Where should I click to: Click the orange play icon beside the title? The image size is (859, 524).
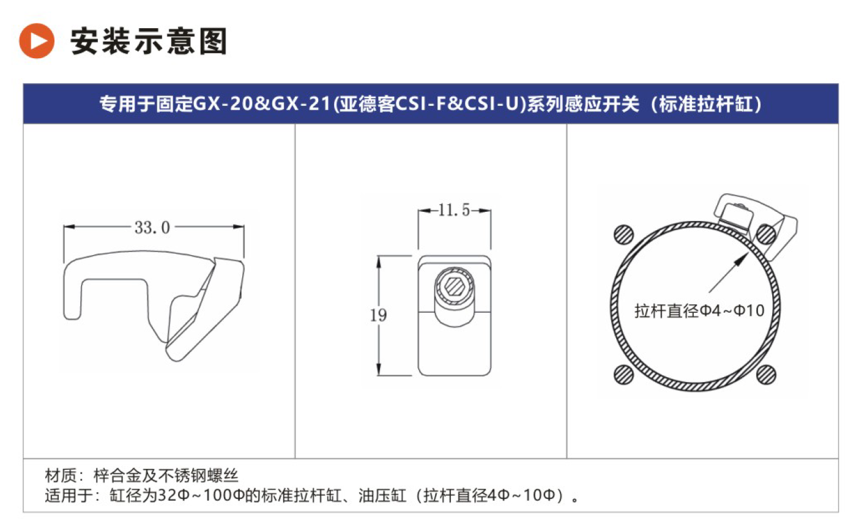(37, 40)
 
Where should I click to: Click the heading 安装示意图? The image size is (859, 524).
(149, 41)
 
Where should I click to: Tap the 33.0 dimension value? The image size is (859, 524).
(152, 228)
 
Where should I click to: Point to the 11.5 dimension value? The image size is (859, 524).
(454, 210)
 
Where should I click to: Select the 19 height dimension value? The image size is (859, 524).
(378, 315)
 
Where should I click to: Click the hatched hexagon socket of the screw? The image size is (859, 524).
(455, 286)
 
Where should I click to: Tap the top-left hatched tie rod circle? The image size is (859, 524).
(624, 234)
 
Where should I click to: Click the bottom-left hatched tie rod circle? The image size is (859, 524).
(624, 375)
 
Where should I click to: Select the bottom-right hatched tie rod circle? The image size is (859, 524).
(766, 375)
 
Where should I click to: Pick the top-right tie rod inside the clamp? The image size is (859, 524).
(766, 234)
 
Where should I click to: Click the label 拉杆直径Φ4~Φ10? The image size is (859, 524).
(699, 311)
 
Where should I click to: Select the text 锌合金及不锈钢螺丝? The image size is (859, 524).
(166, 476)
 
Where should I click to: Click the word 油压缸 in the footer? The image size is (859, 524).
(382, 495)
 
